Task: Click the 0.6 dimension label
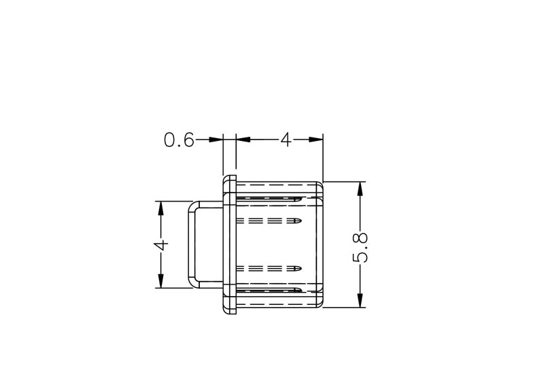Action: (179, 140)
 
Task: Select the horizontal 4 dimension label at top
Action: (286, 140)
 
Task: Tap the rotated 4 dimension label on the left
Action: (161, 244)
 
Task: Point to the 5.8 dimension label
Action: (360, 247)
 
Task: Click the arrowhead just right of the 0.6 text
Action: (216, 140)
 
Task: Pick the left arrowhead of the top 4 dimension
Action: (243, 140)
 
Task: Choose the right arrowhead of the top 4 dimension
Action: (316, 140)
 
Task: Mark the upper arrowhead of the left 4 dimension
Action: (161, 208)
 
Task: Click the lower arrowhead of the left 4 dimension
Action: (161, 280)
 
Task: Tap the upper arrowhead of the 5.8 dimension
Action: (360, 189)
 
